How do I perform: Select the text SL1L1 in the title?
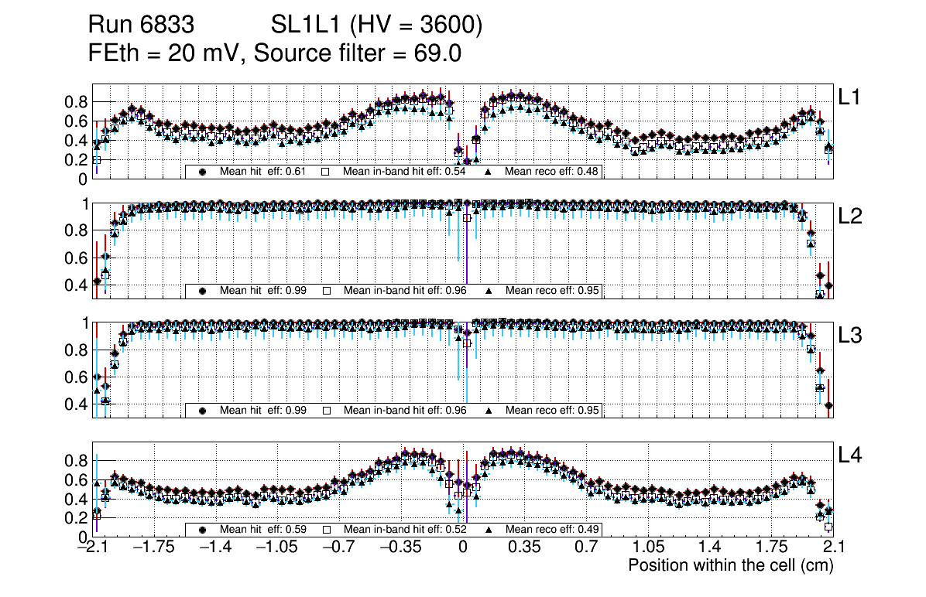pyautogui.click(x=304, y=26)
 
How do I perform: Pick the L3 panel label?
pyautogui.click(x=851, y=336)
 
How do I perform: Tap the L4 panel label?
pyautogui.click(x=851, y=455)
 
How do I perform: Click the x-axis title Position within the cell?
pyautogui.click(x=730, y=565)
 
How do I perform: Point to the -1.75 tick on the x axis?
pyautogui.click(x=153, y=548)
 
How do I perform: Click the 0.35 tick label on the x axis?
pyautogui.click(x=524, y=548)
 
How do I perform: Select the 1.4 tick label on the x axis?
pyautogui.click(x=709, y=548)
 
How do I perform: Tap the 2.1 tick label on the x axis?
pyautogui.click(x=833, y=548)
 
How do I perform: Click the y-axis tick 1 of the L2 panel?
pyautogui.click(x=86, y=204)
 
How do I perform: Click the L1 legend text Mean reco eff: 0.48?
pyautogui.click(x=552, y=171)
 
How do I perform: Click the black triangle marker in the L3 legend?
pyautogui.click(x=489, y=411)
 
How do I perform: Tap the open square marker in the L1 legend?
pyautogui.click(x=327, y=171)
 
